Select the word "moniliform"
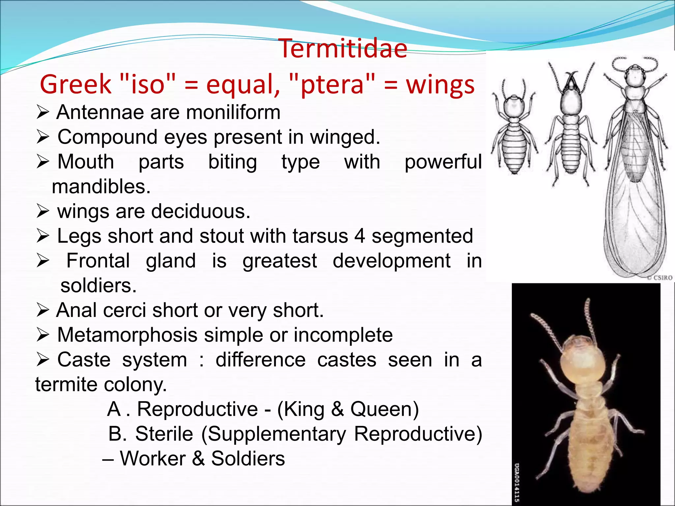(233, 112)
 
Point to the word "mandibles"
(101, 187)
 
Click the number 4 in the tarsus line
(360, 236)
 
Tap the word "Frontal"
(98, 261)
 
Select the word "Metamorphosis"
(127, 335)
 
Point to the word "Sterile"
(164, 434)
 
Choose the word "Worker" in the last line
(153, 459)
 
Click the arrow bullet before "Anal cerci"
(43, 310)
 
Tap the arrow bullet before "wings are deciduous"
(43, 211)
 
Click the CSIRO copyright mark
(659, 278)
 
